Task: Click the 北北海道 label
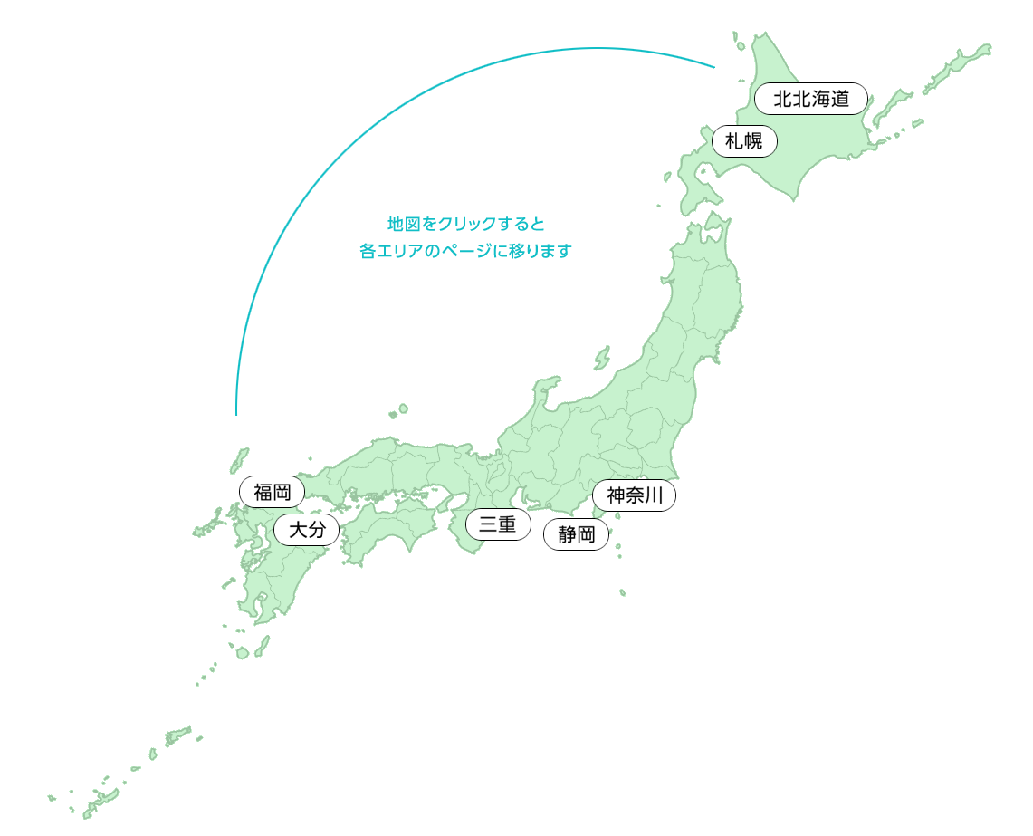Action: coord(810,99)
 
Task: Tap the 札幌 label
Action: coord(744,141)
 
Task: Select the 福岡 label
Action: coord(272,493)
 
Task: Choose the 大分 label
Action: coord(306,530)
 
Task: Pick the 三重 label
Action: coord(498,524)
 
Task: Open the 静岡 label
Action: coord(576,534)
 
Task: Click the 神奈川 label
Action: coord(635,495)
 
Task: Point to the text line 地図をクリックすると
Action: coord(465,223)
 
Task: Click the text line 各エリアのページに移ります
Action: coord(465,251)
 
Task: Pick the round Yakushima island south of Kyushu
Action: coord(243,652)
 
